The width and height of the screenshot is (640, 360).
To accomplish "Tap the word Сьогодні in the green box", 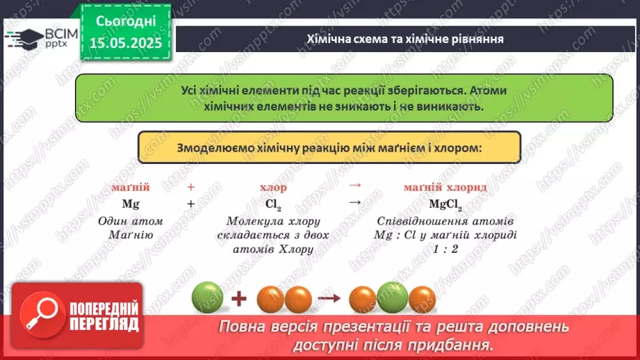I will tap(126, 21).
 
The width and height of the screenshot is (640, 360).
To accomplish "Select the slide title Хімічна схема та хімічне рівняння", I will tap(405, 39).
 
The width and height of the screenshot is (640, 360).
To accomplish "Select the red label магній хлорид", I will tap(445, 188).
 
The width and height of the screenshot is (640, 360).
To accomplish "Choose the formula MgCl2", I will tap(445, 204).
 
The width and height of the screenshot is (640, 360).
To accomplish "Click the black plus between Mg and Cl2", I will tap(190, 204).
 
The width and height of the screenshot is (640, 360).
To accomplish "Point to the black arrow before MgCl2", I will tap(354, 202).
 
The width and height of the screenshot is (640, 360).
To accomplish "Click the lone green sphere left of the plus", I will tap(207, 299).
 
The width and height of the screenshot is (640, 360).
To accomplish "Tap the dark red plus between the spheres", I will tap(239, 300).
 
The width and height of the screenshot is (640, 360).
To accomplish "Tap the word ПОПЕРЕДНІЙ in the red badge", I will tap(104, 309).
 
